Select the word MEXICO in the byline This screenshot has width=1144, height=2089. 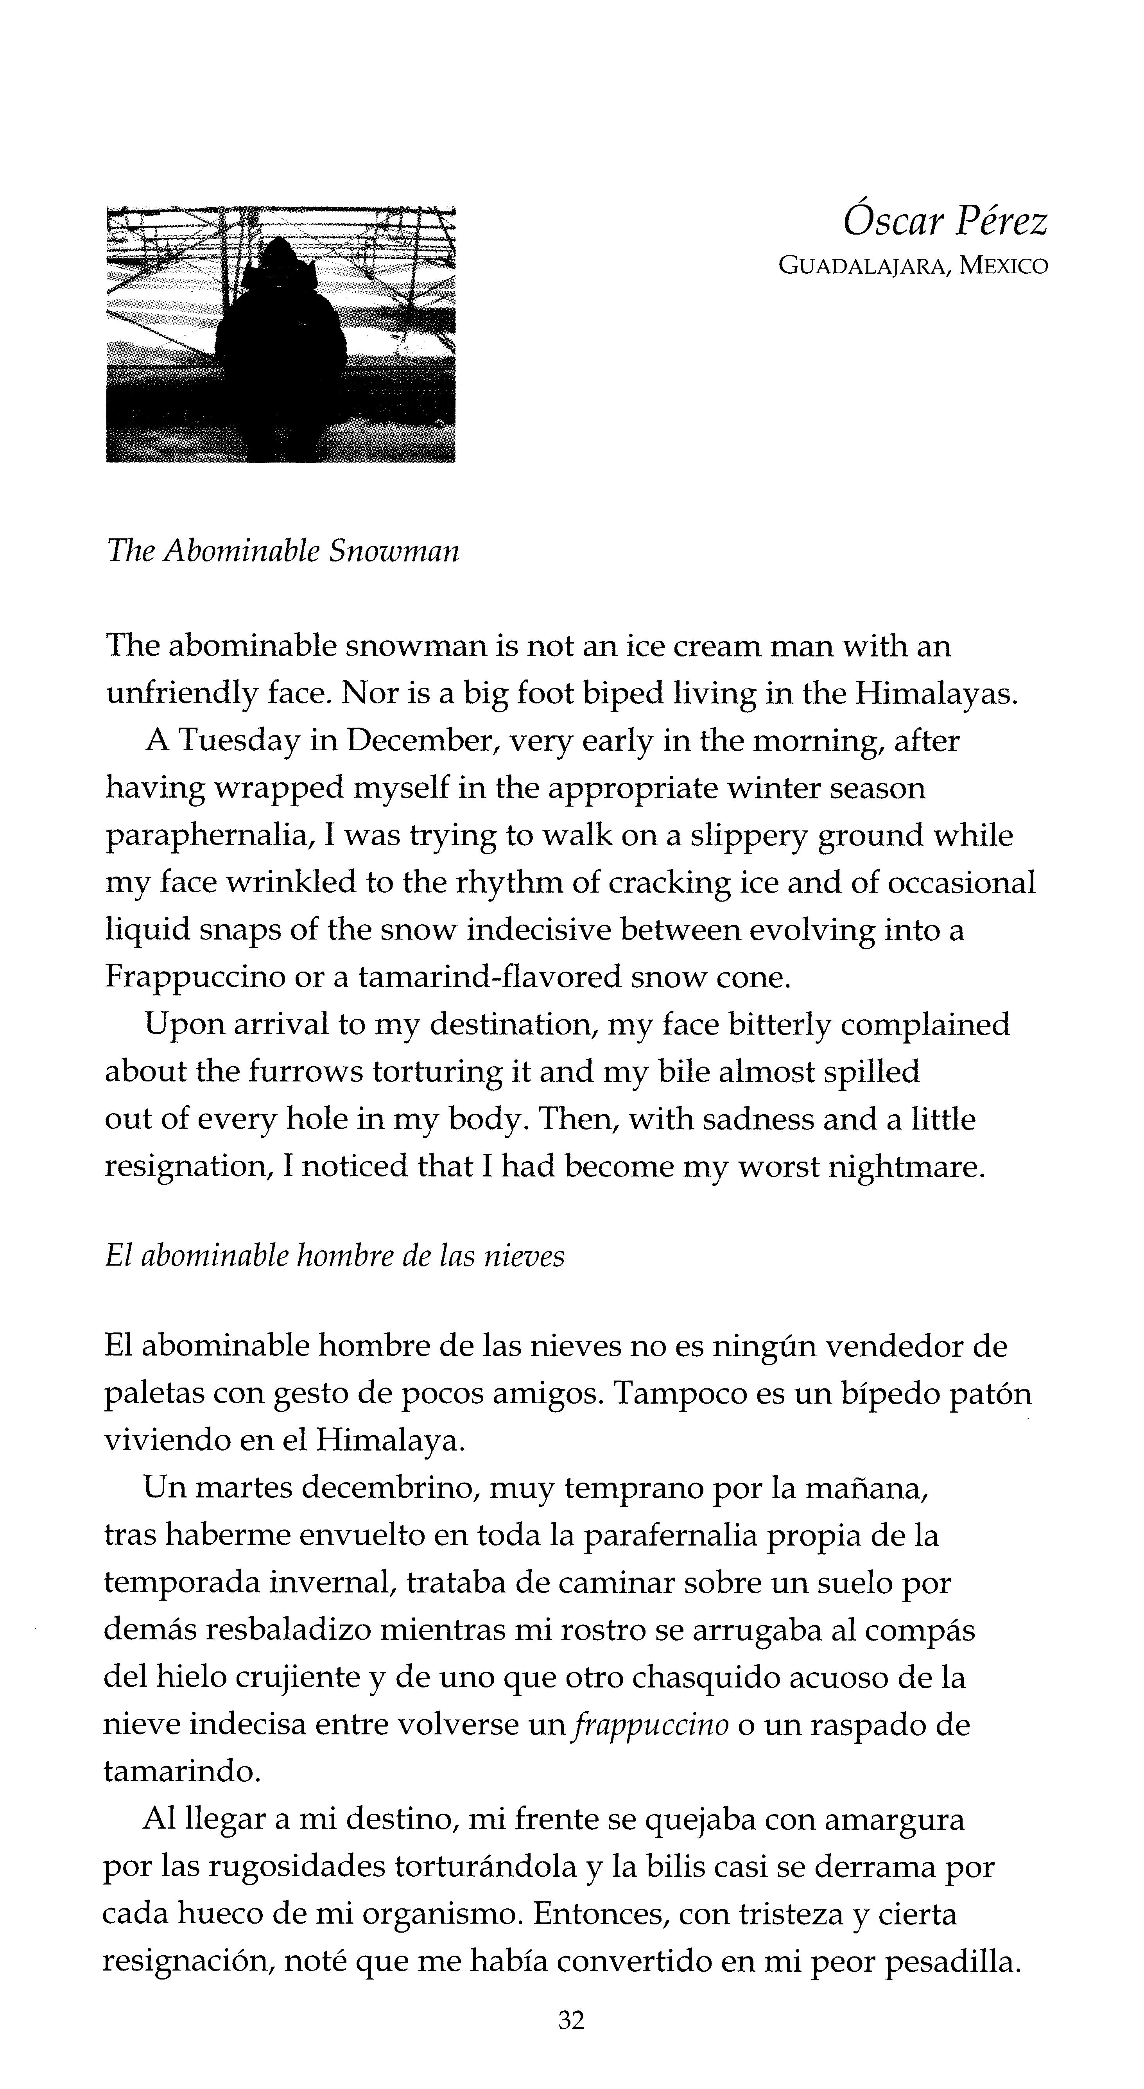pos(1004,266)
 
